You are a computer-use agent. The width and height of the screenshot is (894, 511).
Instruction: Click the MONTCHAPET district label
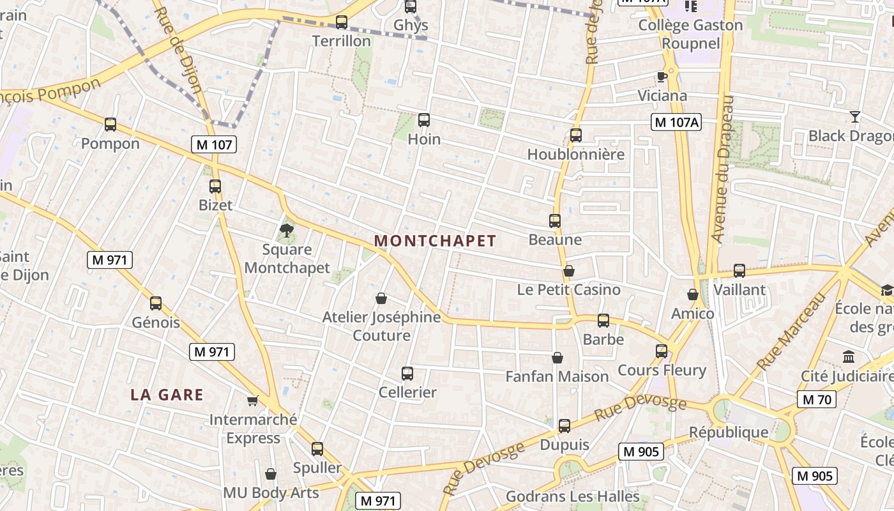coord(435,241)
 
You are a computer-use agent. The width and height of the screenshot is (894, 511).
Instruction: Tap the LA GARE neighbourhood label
coord(167,395)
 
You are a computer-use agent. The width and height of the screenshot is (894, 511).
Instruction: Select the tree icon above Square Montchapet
coord(287,231)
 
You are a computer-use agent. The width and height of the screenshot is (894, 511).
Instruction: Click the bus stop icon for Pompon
coord(110,125)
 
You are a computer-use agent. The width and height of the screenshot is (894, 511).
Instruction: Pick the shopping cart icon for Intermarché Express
coord(253,400)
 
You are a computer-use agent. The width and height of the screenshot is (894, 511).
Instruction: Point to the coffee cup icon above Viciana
coord(662,77)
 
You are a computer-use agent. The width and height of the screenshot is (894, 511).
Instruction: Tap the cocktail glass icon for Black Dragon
coord(854,117)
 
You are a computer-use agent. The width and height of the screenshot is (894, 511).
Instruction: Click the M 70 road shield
coord(816,400)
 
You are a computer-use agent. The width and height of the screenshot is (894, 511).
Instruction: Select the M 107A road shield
coord(676,122)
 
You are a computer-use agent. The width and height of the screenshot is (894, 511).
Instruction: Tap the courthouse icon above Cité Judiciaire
coord(849,356)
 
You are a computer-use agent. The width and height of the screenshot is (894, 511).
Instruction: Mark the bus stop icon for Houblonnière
coord(576,135)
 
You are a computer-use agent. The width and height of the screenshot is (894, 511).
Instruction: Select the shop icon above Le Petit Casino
coord(569,271)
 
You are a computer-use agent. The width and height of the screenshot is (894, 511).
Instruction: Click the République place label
coord(729,432)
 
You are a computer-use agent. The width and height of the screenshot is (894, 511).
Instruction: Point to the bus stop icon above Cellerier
coord(407,374)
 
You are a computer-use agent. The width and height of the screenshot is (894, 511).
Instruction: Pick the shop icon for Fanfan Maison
coord(557,358)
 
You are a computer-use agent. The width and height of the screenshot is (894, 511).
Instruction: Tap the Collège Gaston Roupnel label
coord(690,34)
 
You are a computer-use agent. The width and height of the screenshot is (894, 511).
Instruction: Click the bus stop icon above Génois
coord(156,303)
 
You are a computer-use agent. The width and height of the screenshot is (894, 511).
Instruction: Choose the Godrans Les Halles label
coord(572,496)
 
